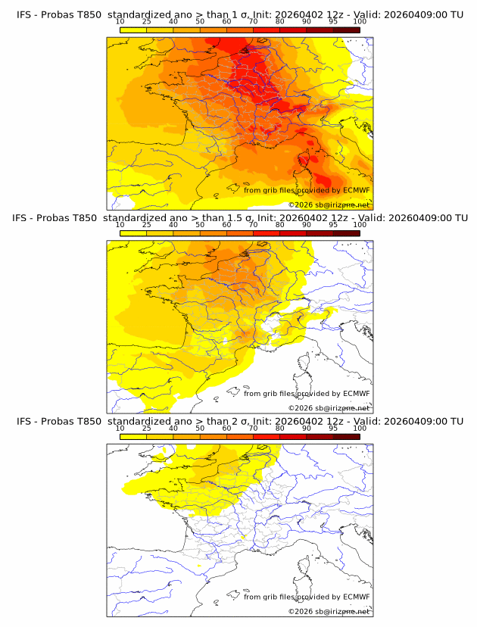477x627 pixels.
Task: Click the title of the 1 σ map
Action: click(239, 14)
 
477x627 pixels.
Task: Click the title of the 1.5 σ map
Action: click(239, 217)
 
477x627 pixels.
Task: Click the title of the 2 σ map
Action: click(239, 421)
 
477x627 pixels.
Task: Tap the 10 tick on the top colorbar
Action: click(120, 22)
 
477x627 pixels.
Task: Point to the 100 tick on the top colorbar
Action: click(360, 22)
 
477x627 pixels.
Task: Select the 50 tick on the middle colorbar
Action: click(200, 225)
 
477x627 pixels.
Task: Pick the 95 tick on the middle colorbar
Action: click(333, 225)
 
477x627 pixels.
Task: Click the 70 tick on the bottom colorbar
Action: click(253, 429)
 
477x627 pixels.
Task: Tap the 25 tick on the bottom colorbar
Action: click(147, 429)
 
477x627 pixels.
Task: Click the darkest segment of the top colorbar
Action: click(346, 30)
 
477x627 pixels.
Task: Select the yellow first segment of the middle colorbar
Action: click(133, 233)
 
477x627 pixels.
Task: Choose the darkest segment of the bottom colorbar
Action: click(346, 437)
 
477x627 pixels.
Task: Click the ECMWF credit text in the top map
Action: click(307, 190)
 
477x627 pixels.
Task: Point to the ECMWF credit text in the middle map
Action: click(307, 393)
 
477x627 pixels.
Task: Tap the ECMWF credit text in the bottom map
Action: click(307, 597)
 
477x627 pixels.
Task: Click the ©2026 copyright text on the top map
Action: click(329, 204)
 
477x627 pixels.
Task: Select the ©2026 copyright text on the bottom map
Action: click(329, 611)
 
